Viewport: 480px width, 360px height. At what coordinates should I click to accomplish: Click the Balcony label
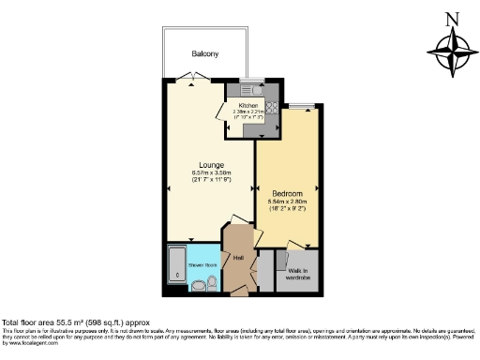pos(205,54)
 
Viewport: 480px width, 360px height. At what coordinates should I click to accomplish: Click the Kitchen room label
pos(247,105)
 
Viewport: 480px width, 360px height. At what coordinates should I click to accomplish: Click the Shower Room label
pos(202,265)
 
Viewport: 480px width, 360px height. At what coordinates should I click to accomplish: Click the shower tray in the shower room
pos(177,268)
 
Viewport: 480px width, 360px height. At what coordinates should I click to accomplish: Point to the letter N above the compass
pos(451,17)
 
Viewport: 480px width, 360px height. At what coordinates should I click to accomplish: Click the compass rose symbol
pos(451,52)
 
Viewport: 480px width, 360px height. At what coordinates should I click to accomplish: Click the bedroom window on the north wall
pos(300,106)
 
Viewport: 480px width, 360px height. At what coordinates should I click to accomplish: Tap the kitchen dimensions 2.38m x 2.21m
pos(247,112)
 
